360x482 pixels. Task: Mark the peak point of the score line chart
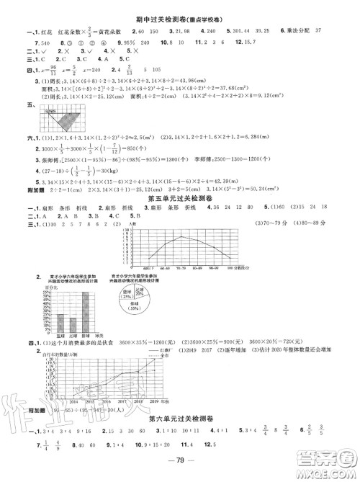pyautogui.click(x=181, y=216)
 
